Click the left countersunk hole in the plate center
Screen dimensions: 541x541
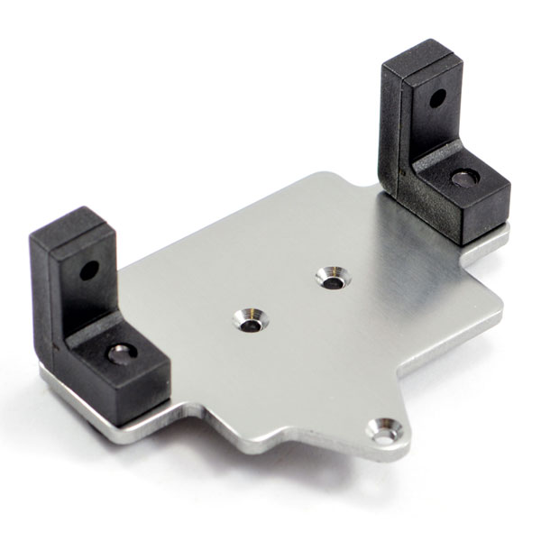[249, 319]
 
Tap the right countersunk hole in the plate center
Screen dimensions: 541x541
[332, 279]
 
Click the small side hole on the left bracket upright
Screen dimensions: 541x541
[88, 270]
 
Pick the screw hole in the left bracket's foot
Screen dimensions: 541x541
[120, 353]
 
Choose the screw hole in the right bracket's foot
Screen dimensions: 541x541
[464, 179]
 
